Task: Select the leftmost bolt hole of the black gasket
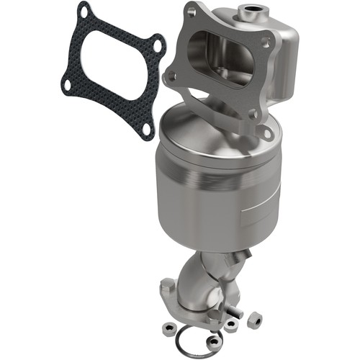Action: [66, 86]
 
